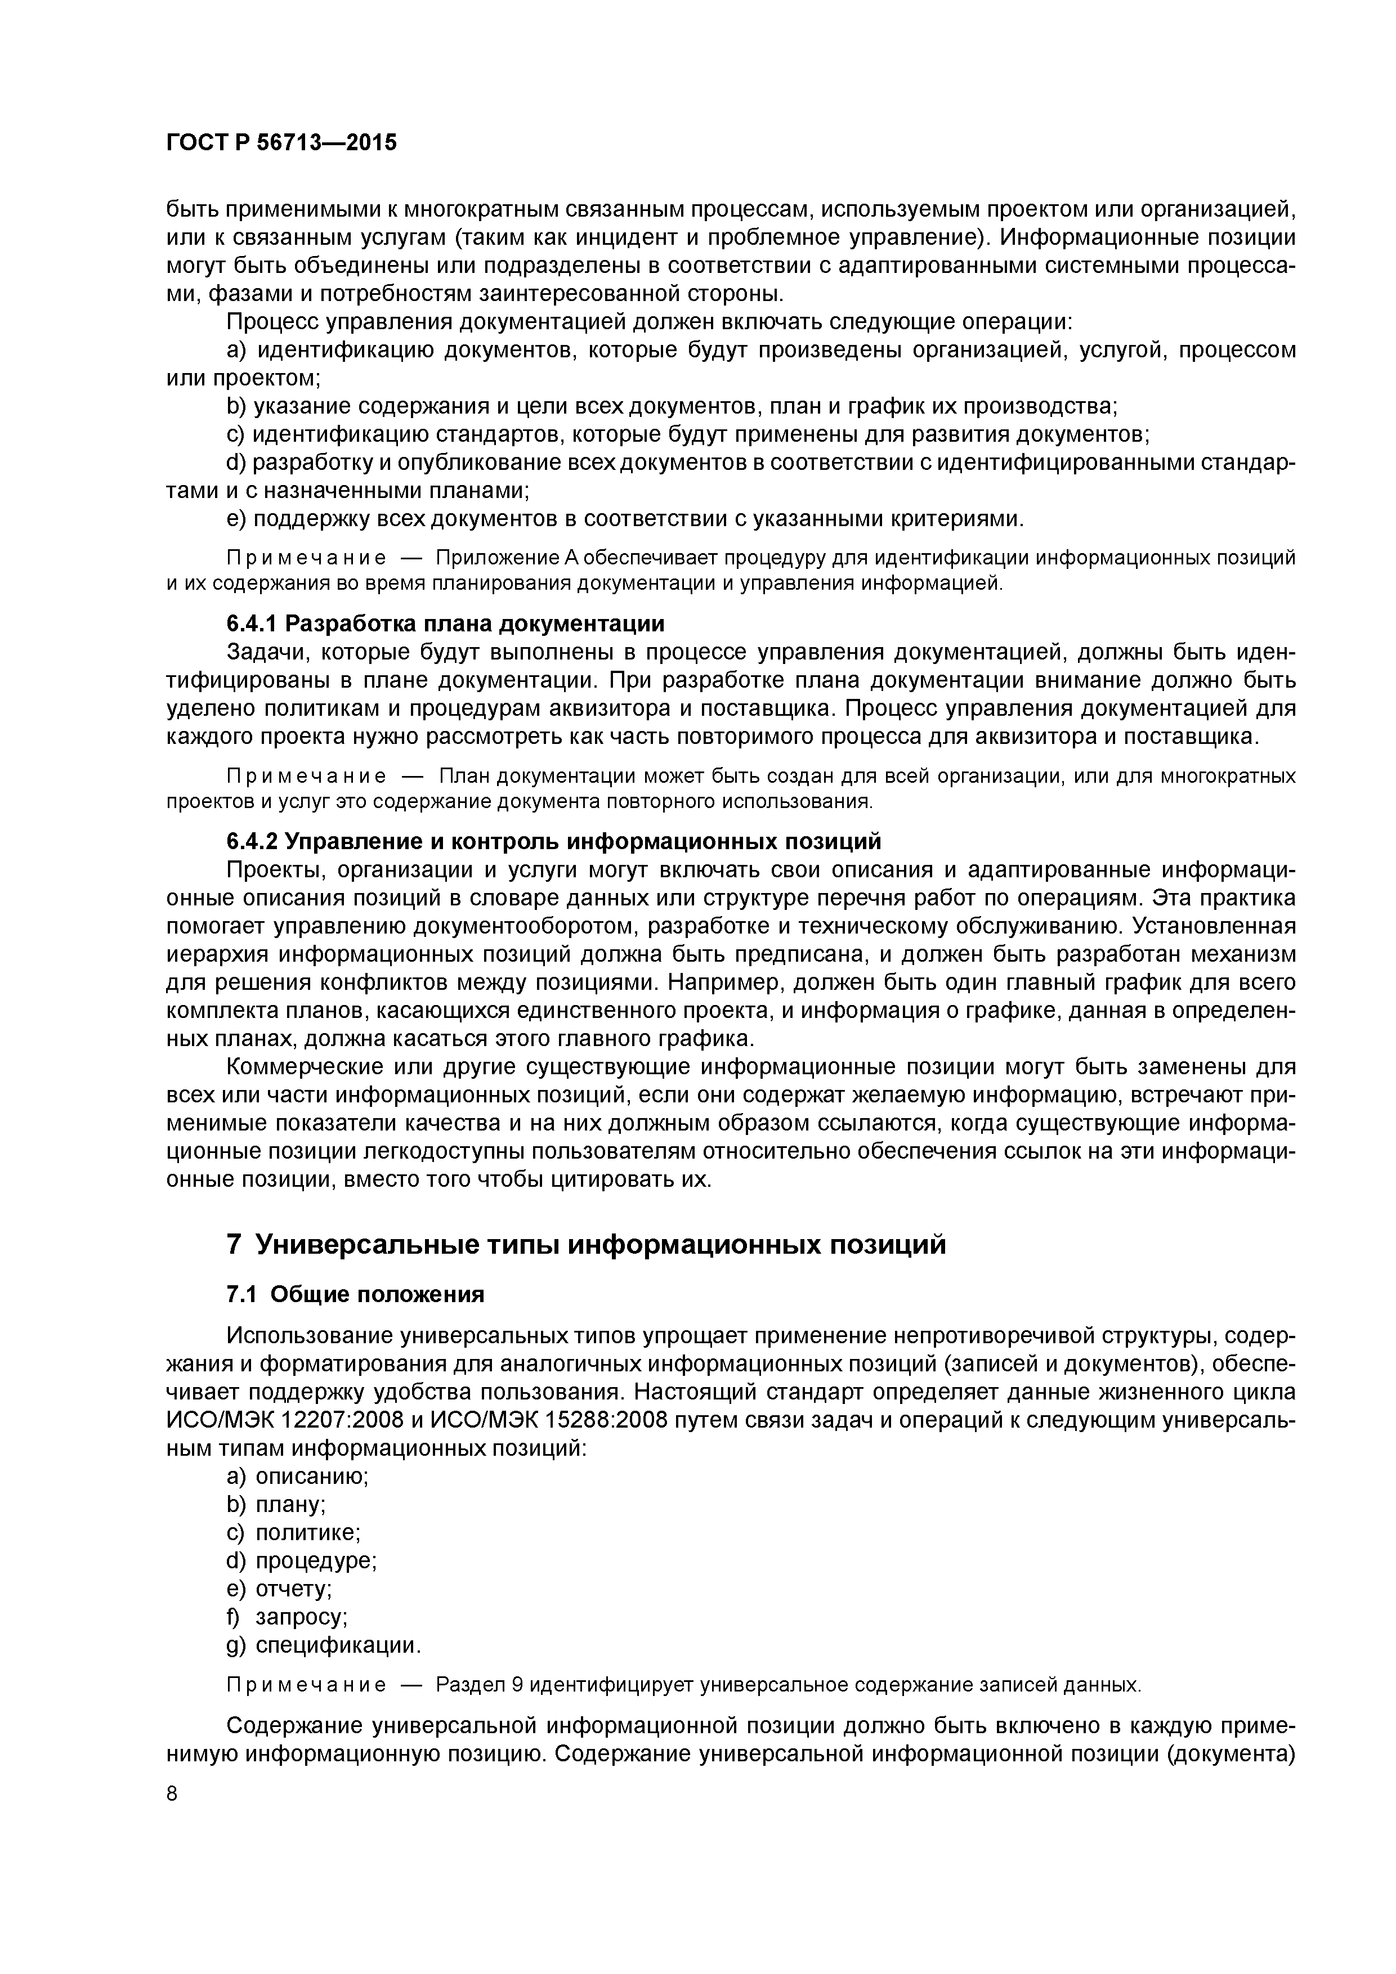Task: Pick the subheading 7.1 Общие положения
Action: click(355, 1295)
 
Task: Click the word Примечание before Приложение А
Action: click(305, 558)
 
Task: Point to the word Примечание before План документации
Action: click(305, 777)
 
